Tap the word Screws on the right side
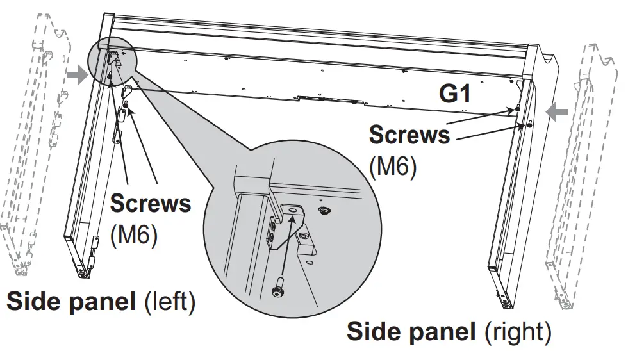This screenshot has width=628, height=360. [409, 136]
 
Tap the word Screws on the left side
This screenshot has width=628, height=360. [151, 204]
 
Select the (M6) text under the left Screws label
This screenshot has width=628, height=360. [134, 234]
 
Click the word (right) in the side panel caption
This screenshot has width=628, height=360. [518, 332]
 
